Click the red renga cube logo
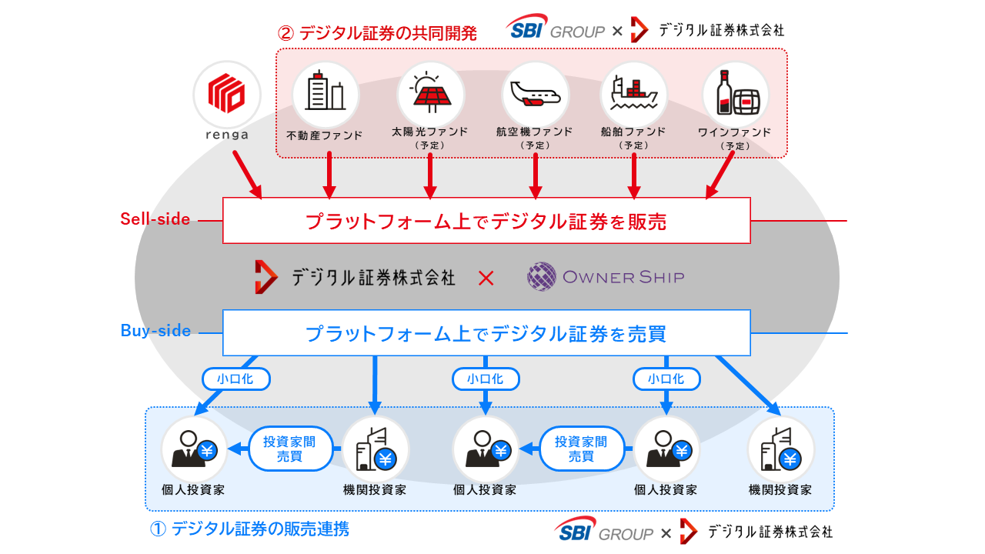pos(227,92)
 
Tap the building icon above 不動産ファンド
pos(326,92)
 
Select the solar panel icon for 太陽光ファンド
pos(430,92)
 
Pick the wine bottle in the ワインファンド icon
pos(723,92)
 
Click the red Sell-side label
pos(155,219)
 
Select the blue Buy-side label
pos(155,331)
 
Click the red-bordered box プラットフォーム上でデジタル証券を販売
pos(486,221)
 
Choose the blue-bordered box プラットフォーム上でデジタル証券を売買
pos(486,333)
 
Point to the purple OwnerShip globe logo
pos(542,277)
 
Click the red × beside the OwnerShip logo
pos(486,278)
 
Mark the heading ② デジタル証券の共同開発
pos(377,34)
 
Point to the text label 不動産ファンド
pos(324,135)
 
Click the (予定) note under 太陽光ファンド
pos(430,145)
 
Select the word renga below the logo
pos(227,135)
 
